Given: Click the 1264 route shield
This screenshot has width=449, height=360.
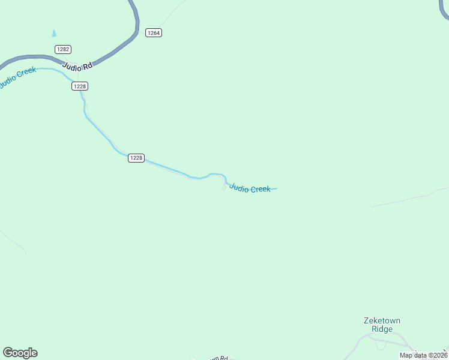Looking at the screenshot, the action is tap(154, 32).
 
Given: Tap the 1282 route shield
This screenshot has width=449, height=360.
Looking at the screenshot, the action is tap(62, 49).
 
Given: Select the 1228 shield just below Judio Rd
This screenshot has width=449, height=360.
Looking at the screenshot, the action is tap(80, 86).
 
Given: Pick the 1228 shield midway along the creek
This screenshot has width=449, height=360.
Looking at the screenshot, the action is tap(136, 158).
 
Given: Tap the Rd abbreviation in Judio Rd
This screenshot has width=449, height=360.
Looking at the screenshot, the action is tap(88, 68).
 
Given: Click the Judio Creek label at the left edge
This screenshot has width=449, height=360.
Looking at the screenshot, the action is tap(17, 77).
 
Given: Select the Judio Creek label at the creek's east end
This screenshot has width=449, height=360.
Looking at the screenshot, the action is tap(250, 188).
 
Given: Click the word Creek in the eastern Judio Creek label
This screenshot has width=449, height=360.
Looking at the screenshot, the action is tap(260, 190).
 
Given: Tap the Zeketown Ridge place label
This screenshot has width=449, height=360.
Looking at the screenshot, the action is tap(382, 325).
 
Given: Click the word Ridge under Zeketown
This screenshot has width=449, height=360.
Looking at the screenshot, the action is tap(382, 329).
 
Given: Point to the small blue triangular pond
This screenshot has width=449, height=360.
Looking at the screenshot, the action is tap(54, 34).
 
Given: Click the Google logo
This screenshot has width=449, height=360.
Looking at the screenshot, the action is tap(20, 353).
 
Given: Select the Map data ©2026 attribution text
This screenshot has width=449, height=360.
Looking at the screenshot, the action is tap(423, 355).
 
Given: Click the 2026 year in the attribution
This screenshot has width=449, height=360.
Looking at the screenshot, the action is tap(438, 355).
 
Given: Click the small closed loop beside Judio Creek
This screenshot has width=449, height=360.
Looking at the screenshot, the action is tap(224, 188).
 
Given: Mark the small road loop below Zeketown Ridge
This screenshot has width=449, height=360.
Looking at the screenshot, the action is tap(379, 345).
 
